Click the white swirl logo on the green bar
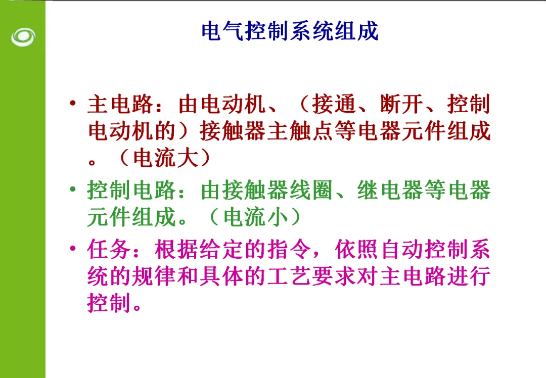[x=23, y=37]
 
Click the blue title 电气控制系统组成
[x=290, y=31]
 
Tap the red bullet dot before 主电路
[x=73, y=103]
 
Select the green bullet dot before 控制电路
[x=73, y=190]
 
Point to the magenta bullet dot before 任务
[x=73, y=249]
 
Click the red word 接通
[x=334, y=104]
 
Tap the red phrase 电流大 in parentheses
[x=166, y=158]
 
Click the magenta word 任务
[x=109, y=249]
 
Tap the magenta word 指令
[x=289, y=249]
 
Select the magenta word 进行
[x=469, y=276]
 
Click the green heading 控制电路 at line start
[x=131, y=190]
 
